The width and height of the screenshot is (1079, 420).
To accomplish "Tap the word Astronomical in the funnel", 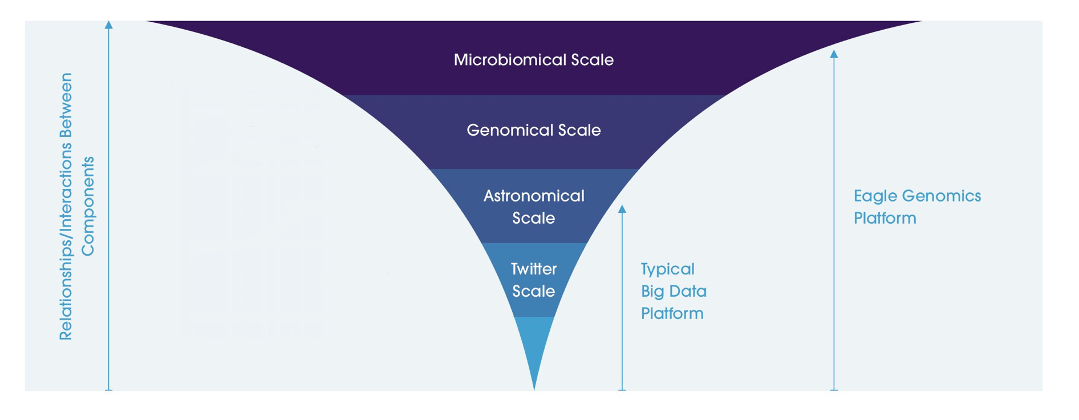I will (x=534, y=196).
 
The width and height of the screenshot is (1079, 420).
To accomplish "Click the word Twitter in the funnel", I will (x=534, y=269).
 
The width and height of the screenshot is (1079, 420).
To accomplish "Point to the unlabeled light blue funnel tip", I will (x=534, y=342).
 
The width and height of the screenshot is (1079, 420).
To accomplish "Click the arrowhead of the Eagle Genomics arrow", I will (x=834, y=54).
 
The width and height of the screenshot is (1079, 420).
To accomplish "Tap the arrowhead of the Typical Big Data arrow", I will (x=622, y=209).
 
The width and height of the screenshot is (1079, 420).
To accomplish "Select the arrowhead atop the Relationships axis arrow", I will (x=109, y=25).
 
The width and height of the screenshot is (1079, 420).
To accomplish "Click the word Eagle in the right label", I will (x=875, y=196).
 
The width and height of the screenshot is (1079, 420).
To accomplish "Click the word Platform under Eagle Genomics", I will (x=885, y=219).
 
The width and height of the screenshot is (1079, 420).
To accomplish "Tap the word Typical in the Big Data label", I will (x=667, y=269).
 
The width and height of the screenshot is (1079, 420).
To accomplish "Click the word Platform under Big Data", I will (x=672, y=314).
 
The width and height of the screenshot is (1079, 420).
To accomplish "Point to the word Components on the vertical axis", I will (x=87, y=206).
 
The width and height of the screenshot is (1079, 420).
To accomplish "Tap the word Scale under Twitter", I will (x=534, y=292).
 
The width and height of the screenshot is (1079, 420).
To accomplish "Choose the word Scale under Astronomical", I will (x=534, y=219).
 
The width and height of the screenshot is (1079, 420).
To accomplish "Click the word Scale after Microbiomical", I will (x=591, y=60).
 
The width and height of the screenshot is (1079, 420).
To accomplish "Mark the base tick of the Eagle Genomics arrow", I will (x=834, y=390).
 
